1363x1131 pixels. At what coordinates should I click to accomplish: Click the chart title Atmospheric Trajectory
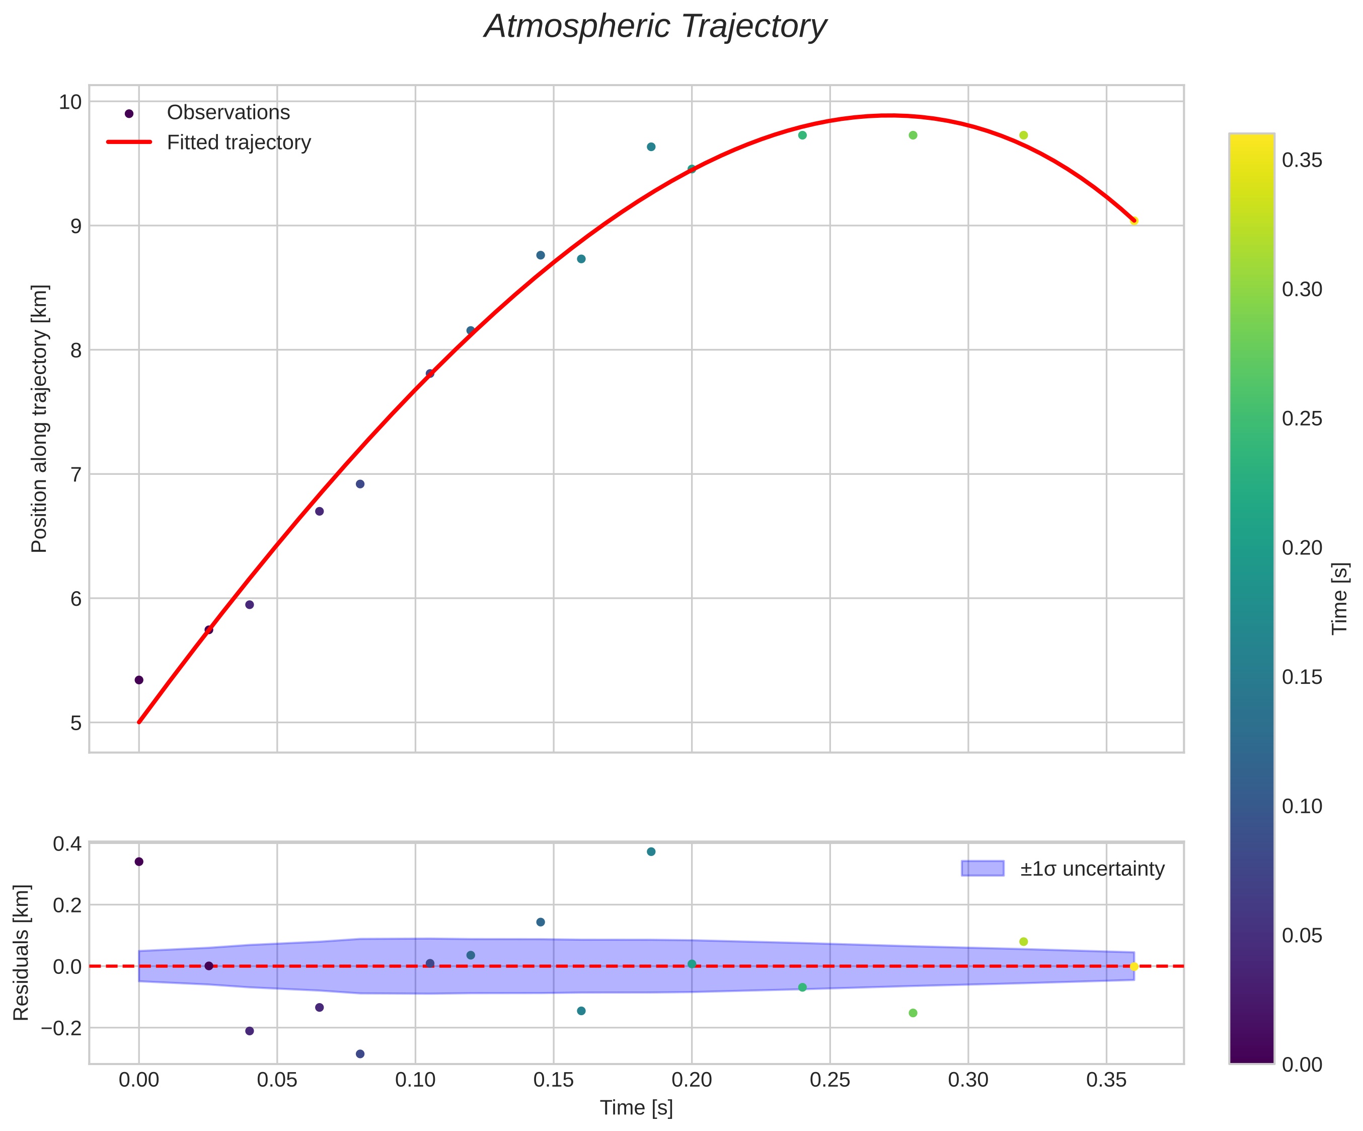655,27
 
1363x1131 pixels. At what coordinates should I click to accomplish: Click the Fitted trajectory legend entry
238,143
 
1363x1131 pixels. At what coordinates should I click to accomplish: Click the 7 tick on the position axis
76,474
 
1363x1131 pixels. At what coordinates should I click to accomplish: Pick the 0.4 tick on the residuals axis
67,844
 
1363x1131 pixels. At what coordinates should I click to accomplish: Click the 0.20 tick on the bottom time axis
691,1080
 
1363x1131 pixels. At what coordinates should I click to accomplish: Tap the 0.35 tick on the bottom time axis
1106,1080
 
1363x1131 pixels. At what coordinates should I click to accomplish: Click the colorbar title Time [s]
1340,598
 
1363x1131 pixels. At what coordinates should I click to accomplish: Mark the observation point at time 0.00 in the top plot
139,680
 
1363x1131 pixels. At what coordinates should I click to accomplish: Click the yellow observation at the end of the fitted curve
1134,221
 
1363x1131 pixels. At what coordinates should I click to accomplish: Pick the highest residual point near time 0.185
651,851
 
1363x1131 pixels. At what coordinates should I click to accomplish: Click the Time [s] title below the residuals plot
636,1108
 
